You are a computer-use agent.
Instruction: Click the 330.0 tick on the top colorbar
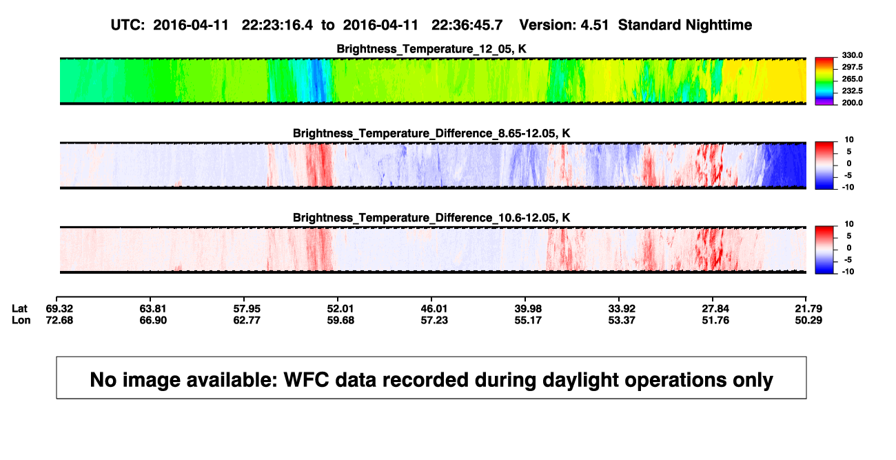coord(852,55)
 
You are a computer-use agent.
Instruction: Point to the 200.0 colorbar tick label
coord(852,103)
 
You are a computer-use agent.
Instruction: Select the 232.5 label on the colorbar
coord(852,91)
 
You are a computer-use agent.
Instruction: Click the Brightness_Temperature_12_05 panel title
coord(431,49)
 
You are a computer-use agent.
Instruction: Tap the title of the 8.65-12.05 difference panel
coord(431,133)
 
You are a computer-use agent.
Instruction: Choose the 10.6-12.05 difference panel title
coord(431,218)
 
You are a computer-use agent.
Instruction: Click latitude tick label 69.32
coord(59,309)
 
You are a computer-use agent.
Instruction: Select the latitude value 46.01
coord(434,309)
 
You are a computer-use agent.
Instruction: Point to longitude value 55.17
coord(527,320)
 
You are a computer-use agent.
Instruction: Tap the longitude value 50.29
coord(808,320)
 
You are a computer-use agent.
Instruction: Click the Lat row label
coord(19,309)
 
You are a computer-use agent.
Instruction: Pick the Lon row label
coord(21,320)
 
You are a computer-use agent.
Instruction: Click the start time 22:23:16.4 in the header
coord(277,26)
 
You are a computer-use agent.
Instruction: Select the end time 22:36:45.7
coord(467,26)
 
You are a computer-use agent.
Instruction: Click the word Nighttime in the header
coord(718,26)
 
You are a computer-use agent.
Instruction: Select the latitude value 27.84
coord(715,309)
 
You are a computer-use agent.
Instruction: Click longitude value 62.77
coord(247,320)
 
